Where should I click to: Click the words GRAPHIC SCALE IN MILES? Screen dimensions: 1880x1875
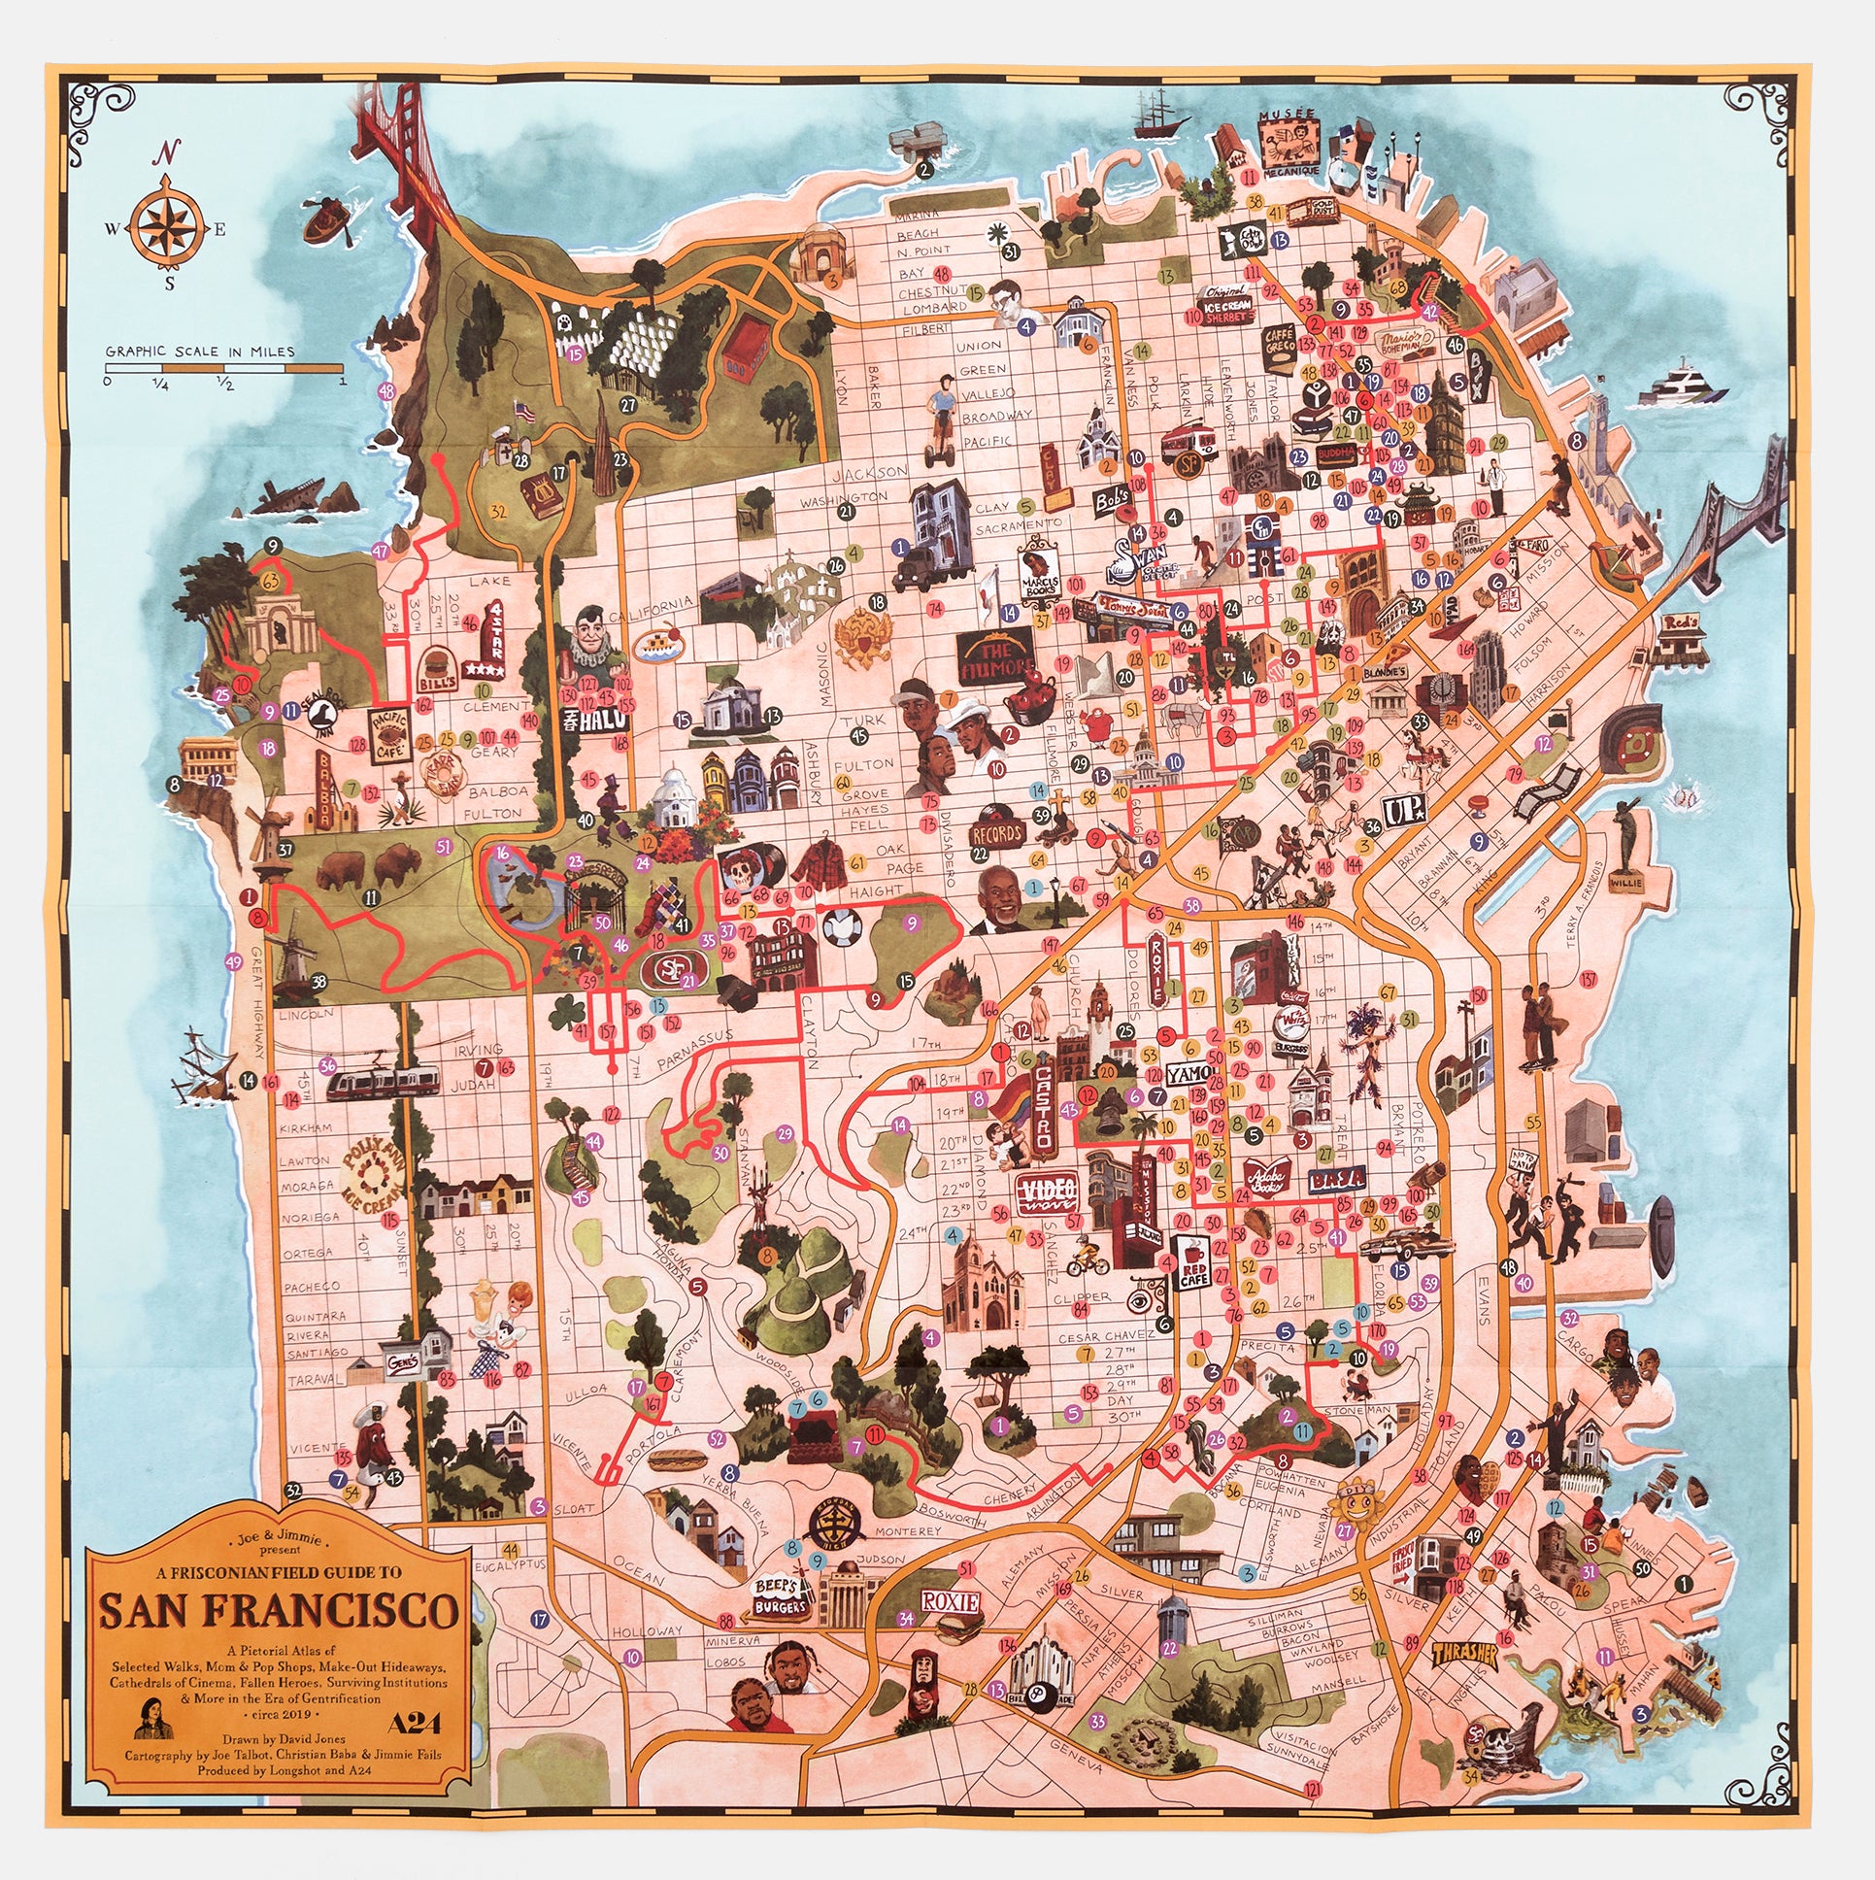[x=199, y=352]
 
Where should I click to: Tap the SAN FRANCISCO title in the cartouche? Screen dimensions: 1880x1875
[x=279, y=1610]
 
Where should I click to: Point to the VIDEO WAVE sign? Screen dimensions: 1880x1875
[x=1046, y=1194]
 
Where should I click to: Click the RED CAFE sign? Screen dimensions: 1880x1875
[x=1192, y=1262]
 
